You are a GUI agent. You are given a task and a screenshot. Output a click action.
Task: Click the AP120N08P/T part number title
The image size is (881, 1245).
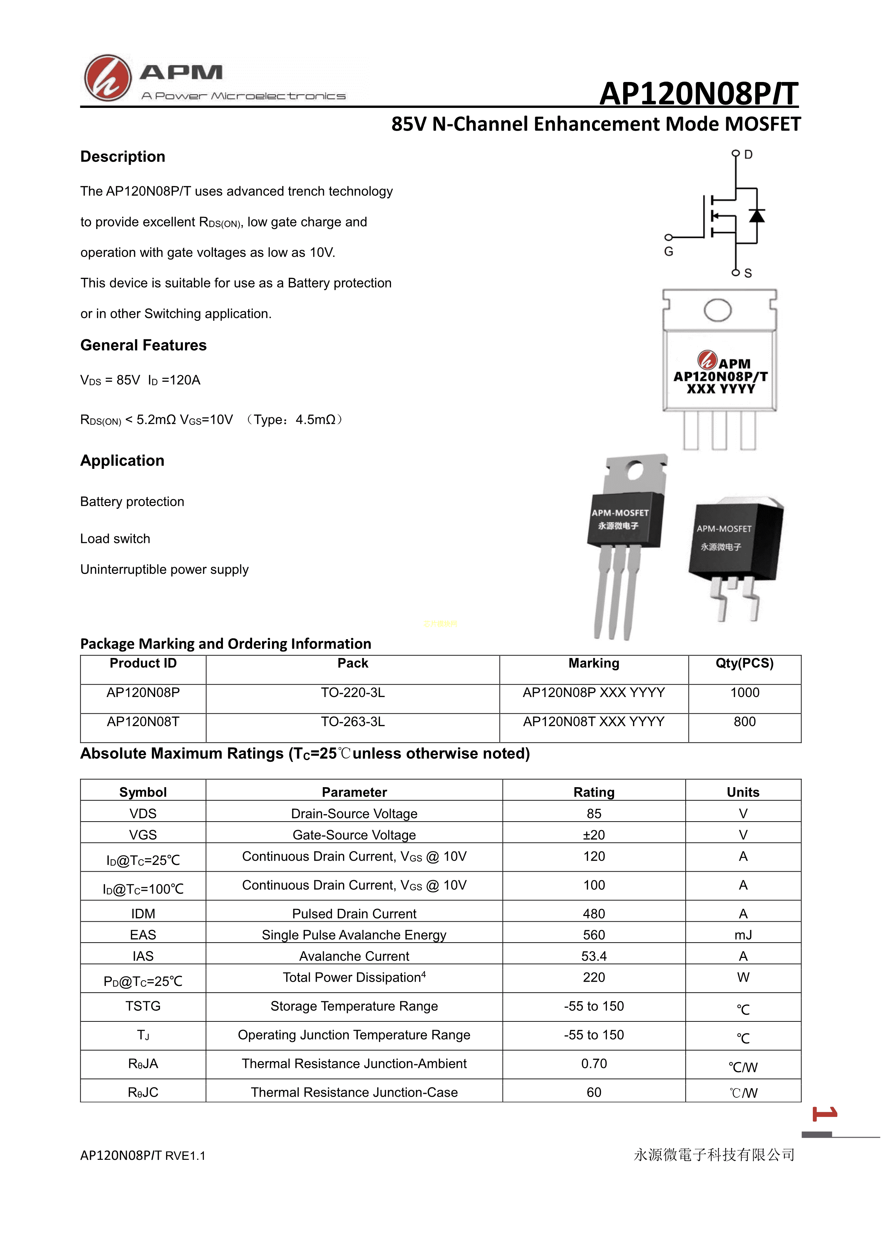tap(699, 94)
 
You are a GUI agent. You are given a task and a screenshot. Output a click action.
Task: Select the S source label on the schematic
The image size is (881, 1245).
tap(748, 273)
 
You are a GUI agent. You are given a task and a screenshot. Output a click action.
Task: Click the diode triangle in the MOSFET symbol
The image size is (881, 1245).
tap(757, 216)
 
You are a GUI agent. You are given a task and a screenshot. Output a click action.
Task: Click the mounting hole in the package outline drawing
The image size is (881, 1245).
tap(717, 310)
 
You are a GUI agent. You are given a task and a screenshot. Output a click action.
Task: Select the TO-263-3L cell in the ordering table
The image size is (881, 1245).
tap(353, 722)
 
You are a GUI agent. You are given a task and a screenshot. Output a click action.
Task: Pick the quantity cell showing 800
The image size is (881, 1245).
tap(744, 722)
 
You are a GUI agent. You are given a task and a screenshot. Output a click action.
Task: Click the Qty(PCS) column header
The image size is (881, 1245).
tap(744, 663)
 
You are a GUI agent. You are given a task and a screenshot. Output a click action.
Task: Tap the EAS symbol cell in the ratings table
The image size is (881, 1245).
tap(143, 935)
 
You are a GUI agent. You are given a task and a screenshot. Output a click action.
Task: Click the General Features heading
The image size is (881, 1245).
tap(143, 345)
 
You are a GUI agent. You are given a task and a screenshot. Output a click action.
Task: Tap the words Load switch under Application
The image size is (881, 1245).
tap(115, 538)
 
